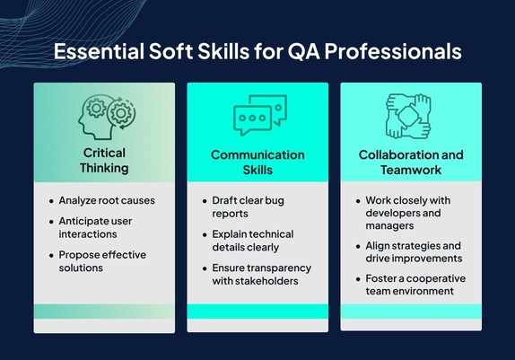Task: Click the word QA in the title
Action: [x=304, y=51]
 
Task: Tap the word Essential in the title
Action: [x=99, y=51]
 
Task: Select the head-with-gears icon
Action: [x=107, y=117]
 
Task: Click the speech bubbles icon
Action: [x=260, y=115]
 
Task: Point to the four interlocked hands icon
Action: [x=408, y=116]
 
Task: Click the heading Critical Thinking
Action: [x=104, y=161]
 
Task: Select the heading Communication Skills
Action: [x=257, y=162]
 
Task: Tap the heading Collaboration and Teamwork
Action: [x=411, y=162]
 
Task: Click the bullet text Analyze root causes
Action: [x=107, y=200]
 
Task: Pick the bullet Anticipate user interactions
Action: [x=95, y=227]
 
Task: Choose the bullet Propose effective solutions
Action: [x=102, y=261]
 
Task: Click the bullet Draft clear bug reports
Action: [x=248, y=207]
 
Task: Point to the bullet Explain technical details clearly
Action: [x=253, y=241]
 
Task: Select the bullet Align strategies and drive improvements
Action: [x=414, y=252]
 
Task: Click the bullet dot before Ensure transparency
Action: [x=205, y=268]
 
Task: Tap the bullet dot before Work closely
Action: [x=358, y=201]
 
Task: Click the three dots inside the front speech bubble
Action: [x=252, y=118]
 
